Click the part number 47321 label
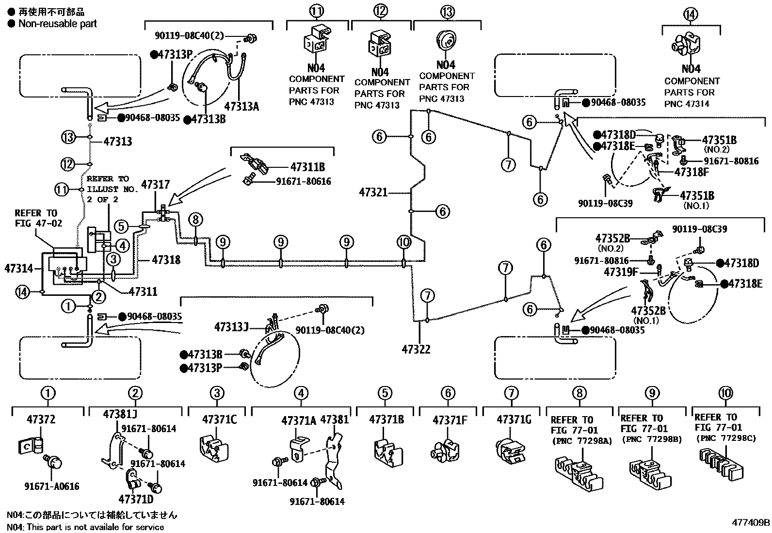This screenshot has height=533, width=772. (x=373, y=193)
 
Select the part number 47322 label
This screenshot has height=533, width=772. (x=416, y=349)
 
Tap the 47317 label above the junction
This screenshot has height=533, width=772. (x=155, y=184)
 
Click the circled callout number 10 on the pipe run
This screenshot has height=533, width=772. (x=403, y=242)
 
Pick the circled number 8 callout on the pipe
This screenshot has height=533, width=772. (x=195, y=220)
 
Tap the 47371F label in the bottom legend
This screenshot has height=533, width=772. (x=450, y=420)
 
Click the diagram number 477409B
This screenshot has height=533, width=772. (x=751, y=523)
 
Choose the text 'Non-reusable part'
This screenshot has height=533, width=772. (x=57, y=23)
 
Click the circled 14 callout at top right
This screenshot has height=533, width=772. (x=691, y=15)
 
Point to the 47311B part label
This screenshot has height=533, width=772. (x=307, y=167)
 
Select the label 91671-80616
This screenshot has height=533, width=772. (x=304, y=181)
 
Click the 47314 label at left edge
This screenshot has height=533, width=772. (x=18, y=268)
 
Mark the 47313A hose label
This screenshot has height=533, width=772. (x=241, y=107)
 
